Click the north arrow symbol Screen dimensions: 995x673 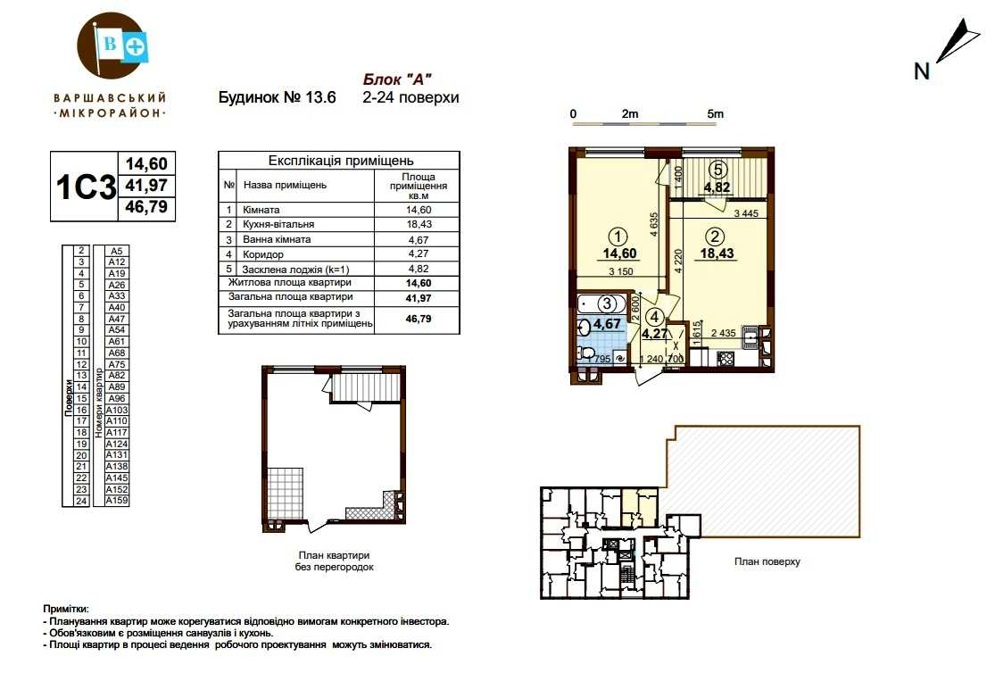pos(957,41)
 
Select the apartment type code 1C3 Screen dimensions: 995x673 pos(86,187)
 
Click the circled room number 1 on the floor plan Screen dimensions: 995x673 pos(618,237)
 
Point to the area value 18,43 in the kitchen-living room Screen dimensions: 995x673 pos(717,253)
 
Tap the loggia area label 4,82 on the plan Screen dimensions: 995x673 pos(717,187)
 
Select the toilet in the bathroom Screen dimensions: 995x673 pos(585,353)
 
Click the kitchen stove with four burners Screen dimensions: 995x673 pos(726,359)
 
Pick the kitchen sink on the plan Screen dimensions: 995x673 pos(750,337)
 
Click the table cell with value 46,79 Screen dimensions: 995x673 pos(419,319)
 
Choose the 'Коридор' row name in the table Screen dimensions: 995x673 pos(262,254)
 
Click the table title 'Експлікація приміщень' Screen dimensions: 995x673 pos(341,161)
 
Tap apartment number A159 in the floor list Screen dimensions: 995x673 pos(117,501)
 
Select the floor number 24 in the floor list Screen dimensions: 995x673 pos(81,501)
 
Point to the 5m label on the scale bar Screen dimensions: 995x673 pos(715,113)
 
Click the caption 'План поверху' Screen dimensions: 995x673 pos(767,561)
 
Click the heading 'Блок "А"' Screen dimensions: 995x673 pos(397,79)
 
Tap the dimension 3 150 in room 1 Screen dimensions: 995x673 pos(620,271)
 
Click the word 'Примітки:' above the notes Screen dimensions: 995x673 pos(66,609)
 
